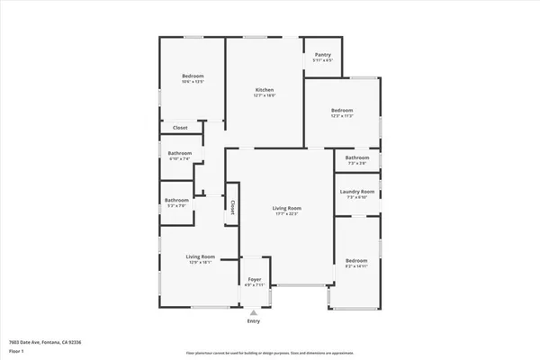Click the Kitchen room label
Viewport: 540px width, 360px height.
[x=264, y=90]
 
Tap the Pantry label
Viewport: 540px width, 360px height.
[x=322, y=55]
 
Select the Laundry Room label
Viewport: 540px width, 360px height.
[x=356, y=191]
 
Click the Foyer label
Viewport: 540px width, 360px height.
[x=254, y=280]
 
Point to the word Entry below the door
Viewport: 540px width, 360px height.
[x=254, y=321]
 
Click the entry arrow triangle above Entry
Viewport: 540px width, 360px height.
[x=254, y=312]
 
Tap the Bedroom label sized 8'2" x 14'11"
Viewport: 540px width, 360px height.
[x=356, y=260]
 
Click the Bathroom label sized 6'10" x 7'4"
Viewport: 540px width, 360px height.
[x=179, y=153]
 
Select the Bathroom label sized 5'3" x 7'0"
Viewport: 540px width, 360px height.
[x=176, y=200]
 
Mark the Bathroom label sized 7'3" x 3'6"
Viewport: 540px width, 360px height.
[x=356, y=158]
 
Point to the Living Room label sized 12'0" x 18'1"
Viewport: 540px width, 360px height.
[x=199, y=257]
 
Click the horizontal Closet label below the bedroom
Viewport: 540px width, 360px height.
[x=180, y=128]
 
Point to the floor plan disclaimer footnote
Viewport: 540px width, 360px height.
[x=269, y=353]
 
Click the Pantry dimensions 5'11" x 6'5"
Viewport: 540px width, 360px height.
[x=322, y=60]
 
